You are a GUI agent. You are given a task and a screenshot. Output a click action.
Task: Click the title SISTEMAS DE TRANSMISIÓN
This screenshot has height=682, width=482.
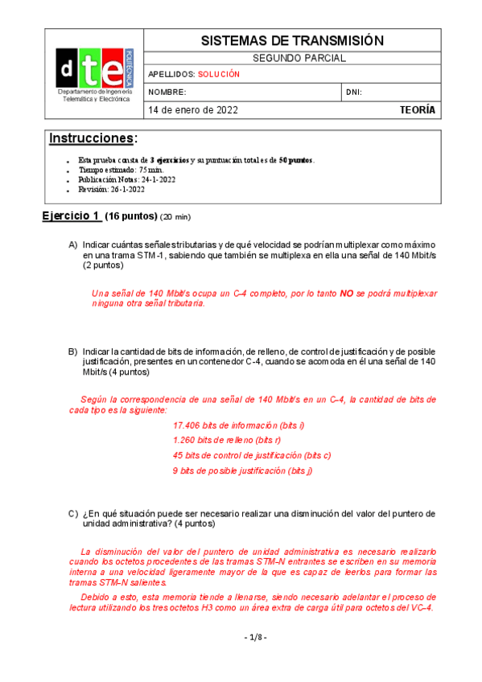pyautogui.click(x=291, y=40)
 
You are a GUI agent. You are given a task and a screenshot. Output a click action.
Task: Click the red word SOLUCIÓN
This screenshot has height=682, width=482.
pyautogui.click(x=220, y=74)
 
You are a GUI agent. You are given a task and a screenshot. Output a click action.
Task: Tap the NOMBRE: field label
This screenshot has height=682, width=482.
pyautogui.click(x=167, y=92)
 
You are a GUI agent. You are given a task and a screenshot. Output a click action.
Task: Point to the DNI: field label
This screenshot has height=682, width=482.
pyautogui.click(x=353, y=92)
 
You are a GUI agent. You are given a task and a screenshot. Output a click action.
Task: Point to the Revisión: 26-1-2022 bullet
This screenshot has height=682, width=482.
pyautogui.click(x=112, y=189)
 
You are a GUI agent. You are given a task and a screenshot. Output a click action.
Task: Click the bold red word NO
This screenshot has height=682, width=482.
pyautogui.click(x=347, y=294)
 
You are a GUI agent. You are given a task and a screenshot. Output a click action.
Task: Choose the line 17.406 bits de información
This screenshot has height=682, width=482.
pyautogui.click(x=239, y=425)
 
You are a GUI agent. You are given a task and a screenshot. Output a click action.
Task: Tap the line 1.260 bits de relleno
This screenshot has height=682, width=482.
pyautogui.click(x=227, y=440)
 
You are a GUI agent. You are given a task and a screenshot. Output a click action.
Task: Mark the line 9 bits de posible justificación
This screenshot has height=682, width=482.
pyautogui.click(x=242, y=470)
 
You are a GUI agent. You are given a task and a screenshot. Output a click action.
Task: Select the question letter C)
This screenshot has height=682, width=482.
pyautogui.click(x=72, y=513)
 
